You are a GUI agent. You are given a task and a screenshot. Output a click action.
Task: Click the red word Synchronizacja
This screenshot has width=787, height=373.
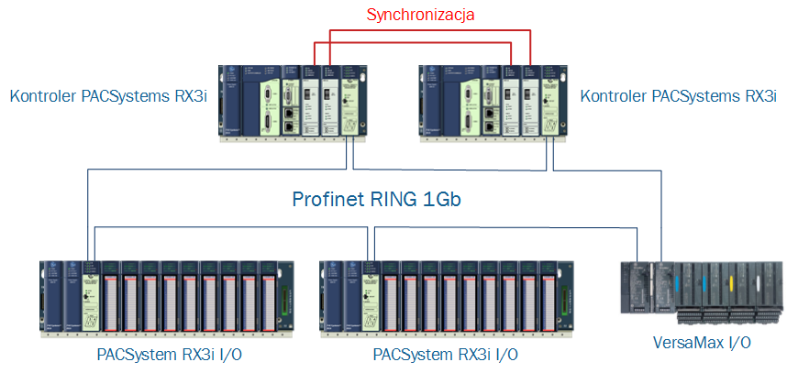click(x=421, y=15)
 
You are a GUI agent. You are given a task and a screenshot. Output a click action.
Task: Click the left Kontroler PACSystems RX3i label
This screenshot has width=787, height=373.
click(x=108, y=95)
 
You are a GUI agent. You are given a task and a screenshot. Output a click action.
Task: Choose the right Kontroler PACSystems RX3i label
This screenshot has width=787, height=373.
click(x=679, y=95)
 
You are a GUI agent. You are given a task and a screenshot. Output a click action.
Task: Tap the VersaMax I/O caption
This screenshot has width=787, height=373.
click(x=702, y=343)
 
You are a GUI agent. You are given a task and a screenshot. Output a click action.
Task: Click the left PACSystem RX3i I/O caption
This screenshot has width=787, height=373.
click(x=169, y=355)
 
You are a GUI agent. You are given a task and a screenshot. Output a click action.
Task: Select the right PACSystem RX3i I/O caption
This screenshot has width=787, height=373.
click(x=445, y=355)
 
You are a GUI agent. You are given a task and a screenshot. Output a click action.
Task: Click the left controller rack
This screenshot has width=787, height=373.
click(x=294, y=103)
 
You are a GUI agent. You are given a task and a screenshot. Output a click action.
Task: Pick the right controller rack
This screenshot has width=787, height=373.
click(x=494, y=103)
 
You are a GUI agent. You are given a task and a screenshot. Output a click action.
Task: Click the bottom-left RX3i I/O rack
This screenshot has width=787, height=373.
click(x=167, y=298)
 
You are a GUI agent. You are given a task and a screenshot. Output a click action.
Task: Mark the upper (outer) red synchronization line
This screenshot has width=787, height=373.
click(x=429, y=30)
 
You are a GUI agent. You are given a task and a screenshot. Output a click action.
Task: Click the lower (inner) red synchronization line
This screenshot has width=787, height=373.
click(x=412, y=43)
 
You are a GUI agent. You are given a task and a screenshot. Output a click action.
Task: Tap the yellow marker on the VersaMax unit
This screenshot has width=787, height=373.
click(x=732, y=280)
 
